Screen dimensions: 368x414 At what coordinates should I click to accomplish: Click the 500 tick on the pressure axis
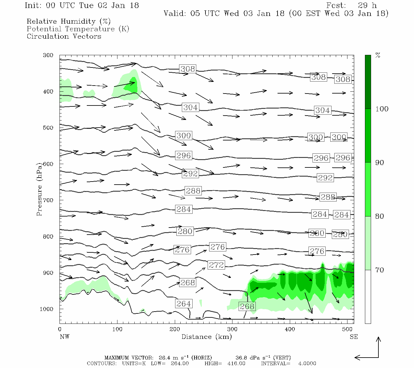pos(48,128)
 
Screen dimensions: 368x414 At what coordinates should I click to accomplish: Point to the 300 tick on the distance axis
pos(232,329)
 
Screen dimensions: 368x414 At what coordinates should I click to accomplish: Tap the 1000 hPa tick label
pos(47,309)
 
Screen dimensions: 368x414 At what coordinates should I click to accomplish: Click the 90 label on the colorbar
pos(379,163)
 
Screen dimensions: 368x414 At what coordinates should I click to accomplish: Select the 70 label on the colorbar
pos(379,270)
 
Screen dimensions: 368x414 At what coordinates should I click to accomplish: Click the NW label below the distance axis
pos(64,337)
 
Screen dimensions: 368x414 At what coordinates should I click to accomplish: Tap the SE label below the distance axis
pos(354,337)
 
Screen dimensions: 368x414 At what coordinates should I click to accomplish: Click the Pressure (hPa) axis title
pos(39,190)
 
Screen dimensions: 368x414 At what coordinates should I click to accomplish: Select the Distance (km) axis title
pos(206,337)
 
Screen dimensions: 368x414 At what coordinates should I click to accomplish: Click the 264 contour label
pos(184,304)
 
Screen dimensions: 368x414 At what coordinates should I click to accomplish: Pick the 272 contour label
pos(216,265)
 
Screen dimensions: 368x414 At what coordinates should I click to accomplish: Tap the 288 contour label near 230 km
pos(193,191)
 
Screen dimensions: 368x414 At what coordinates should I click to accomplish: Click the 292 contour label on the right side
pos(325,178)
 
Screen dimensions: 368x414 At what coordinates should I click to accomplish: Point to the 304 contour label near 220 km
pos(190,107)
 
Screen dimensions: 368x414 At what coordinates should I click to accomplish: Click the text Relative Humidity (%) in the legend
pos(68,21)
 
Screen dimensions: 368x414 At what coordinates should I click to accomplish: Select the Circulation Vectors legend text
pos(64,36)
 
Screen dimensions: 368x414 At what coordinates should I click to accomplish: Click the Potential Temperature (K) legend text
pos(78,29)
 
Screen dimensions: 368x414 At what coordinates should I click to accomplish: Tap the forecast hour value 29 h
pos(367,6)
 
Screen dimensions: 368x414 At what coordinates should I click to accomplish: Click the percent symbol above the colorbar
pos(378,56)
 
